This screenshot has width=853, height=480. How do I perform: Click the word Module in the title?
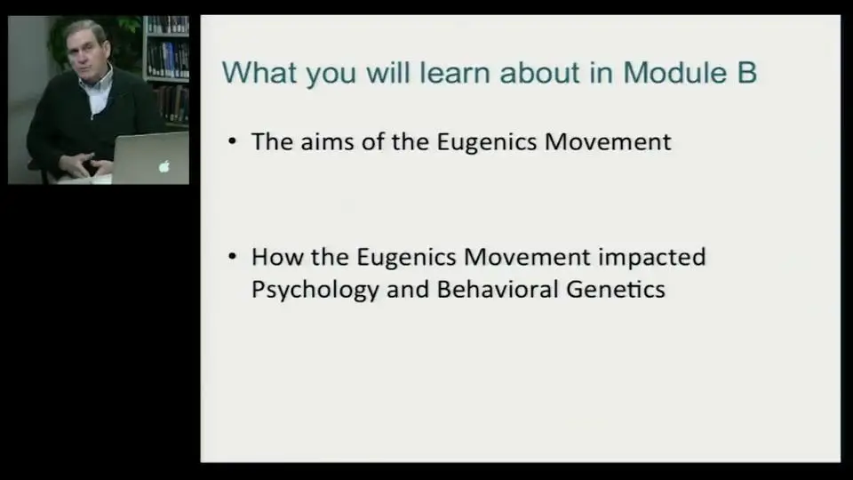(674, 73)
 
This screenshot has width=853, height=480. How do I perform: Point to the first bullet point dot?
(232, 141)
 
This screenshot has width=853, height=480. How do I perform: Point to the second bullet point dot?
(232, 256)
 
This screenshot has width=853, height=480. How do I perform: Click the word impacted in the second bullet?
(651, 258)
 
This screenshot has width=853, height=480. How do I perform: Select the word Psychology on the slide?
(315, 290)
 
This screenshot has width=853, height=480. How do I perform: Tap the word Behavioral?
(498, 289)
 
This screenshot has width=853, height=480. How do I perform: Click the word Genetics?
(616, 289)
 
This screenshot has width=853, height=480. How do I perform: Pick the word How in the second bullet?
(277, 257)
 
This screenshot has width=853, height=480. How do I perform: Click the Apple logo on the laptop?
(163, 166)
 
